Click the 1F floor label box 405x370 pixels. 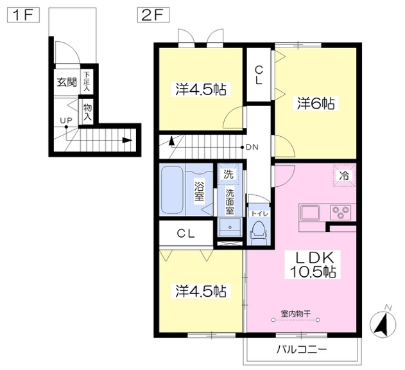23,15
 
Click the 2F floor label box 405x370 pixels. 153,15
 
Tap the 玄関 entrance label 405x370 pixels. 67,82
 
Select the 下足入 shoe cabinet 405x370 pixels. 87,81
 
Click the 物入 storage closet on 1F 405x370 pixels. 87,112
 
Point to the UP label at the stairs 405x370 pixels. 66,120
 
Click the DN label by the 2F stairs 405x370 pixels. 252,147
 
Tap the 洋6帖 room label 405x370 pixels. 316,103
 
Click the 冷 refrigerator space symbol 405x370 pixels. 344,175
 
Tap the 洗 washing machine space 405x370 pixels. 228,174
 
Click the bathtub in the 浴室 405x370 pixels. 173,190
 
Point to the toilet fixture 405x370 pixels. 258,231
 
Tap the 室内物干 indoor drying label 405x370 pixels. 296,314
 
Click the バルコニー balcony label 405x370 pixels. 302,350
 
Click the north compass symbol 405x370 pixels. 383,323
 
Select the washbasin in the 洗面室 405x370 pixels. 230,227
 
